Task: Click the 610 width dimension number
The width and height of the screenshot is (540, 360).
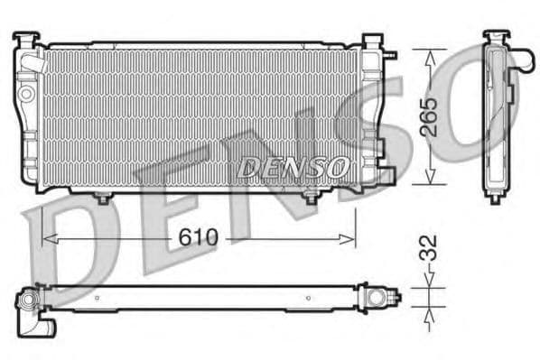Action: click(199, 238)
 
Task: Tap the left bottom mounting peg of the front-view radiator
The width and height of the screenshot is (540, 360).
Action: click(103, 197)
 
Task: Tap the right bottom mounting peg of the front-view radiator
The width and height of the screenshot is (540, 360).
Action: click(312, 197)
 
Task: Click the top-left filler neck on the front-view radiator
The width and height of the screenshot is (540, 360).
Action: click(27, 40)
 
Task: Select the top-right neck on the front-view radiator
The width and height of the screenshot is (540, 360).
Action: click(372, 42)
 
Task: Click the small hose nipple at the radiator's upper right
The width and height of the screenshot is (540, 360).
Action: click(390, 54)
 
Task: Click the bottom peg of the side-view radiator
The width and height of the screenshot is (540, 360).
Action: click(494, 198)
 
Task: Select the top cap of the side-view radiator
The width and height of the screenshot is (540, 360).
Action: click(495, 37)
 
